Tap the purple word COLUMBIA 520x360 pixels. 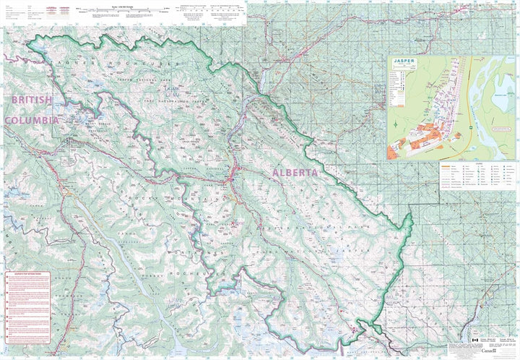30,120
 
